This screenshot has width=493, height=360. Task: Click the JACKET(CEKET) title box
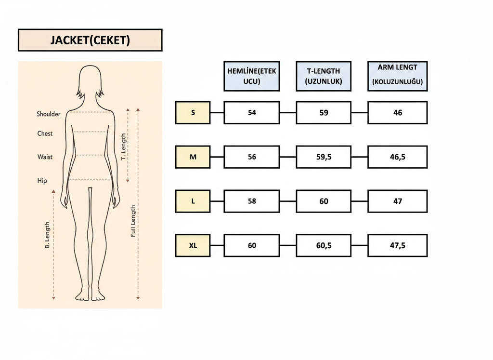click(90, 40)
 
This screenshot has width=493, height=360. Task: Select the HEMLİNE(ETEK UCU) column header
click(251, 76)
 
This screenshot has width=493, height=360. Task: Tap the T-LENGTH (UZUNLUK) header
click(324, 76)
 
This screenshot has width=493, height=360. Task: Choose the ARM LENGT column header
click(397, 76)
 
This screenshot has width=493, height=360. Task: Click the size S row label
click(193, 113)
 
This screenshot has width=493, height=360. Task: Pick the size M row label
click(193, 157)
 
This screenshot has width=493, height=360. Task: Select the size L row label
click(193, 201)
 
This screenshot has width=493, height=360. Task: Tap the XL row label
click(193, 245)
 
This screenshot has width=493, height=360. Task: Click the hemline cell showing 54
click(251, 113)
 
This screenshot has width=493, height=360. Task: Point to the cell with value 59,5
click(324, 157)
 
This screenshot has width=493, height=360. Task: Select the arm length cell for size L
click(397, 201)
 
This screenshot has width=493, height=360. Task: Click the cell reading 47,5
click(397, 245)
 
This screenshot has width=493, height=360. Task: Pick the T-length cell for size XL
click(324, 245)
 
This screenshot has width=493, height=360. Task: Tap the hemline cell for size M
click(251, 157)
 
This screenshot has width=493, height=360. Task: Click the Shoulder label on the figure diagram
click(49, 114)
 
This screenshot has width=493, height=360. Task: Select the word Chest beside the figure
click(45, 133)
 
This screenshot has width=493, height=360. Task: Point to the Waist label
click(45, 157)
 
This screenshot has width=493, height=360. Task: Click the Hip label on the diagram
click(42, 181)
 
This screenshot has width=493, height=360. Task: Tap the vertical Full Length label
click(133, 221)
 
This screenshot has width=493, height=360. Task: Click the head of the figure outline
click(90, 80)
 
